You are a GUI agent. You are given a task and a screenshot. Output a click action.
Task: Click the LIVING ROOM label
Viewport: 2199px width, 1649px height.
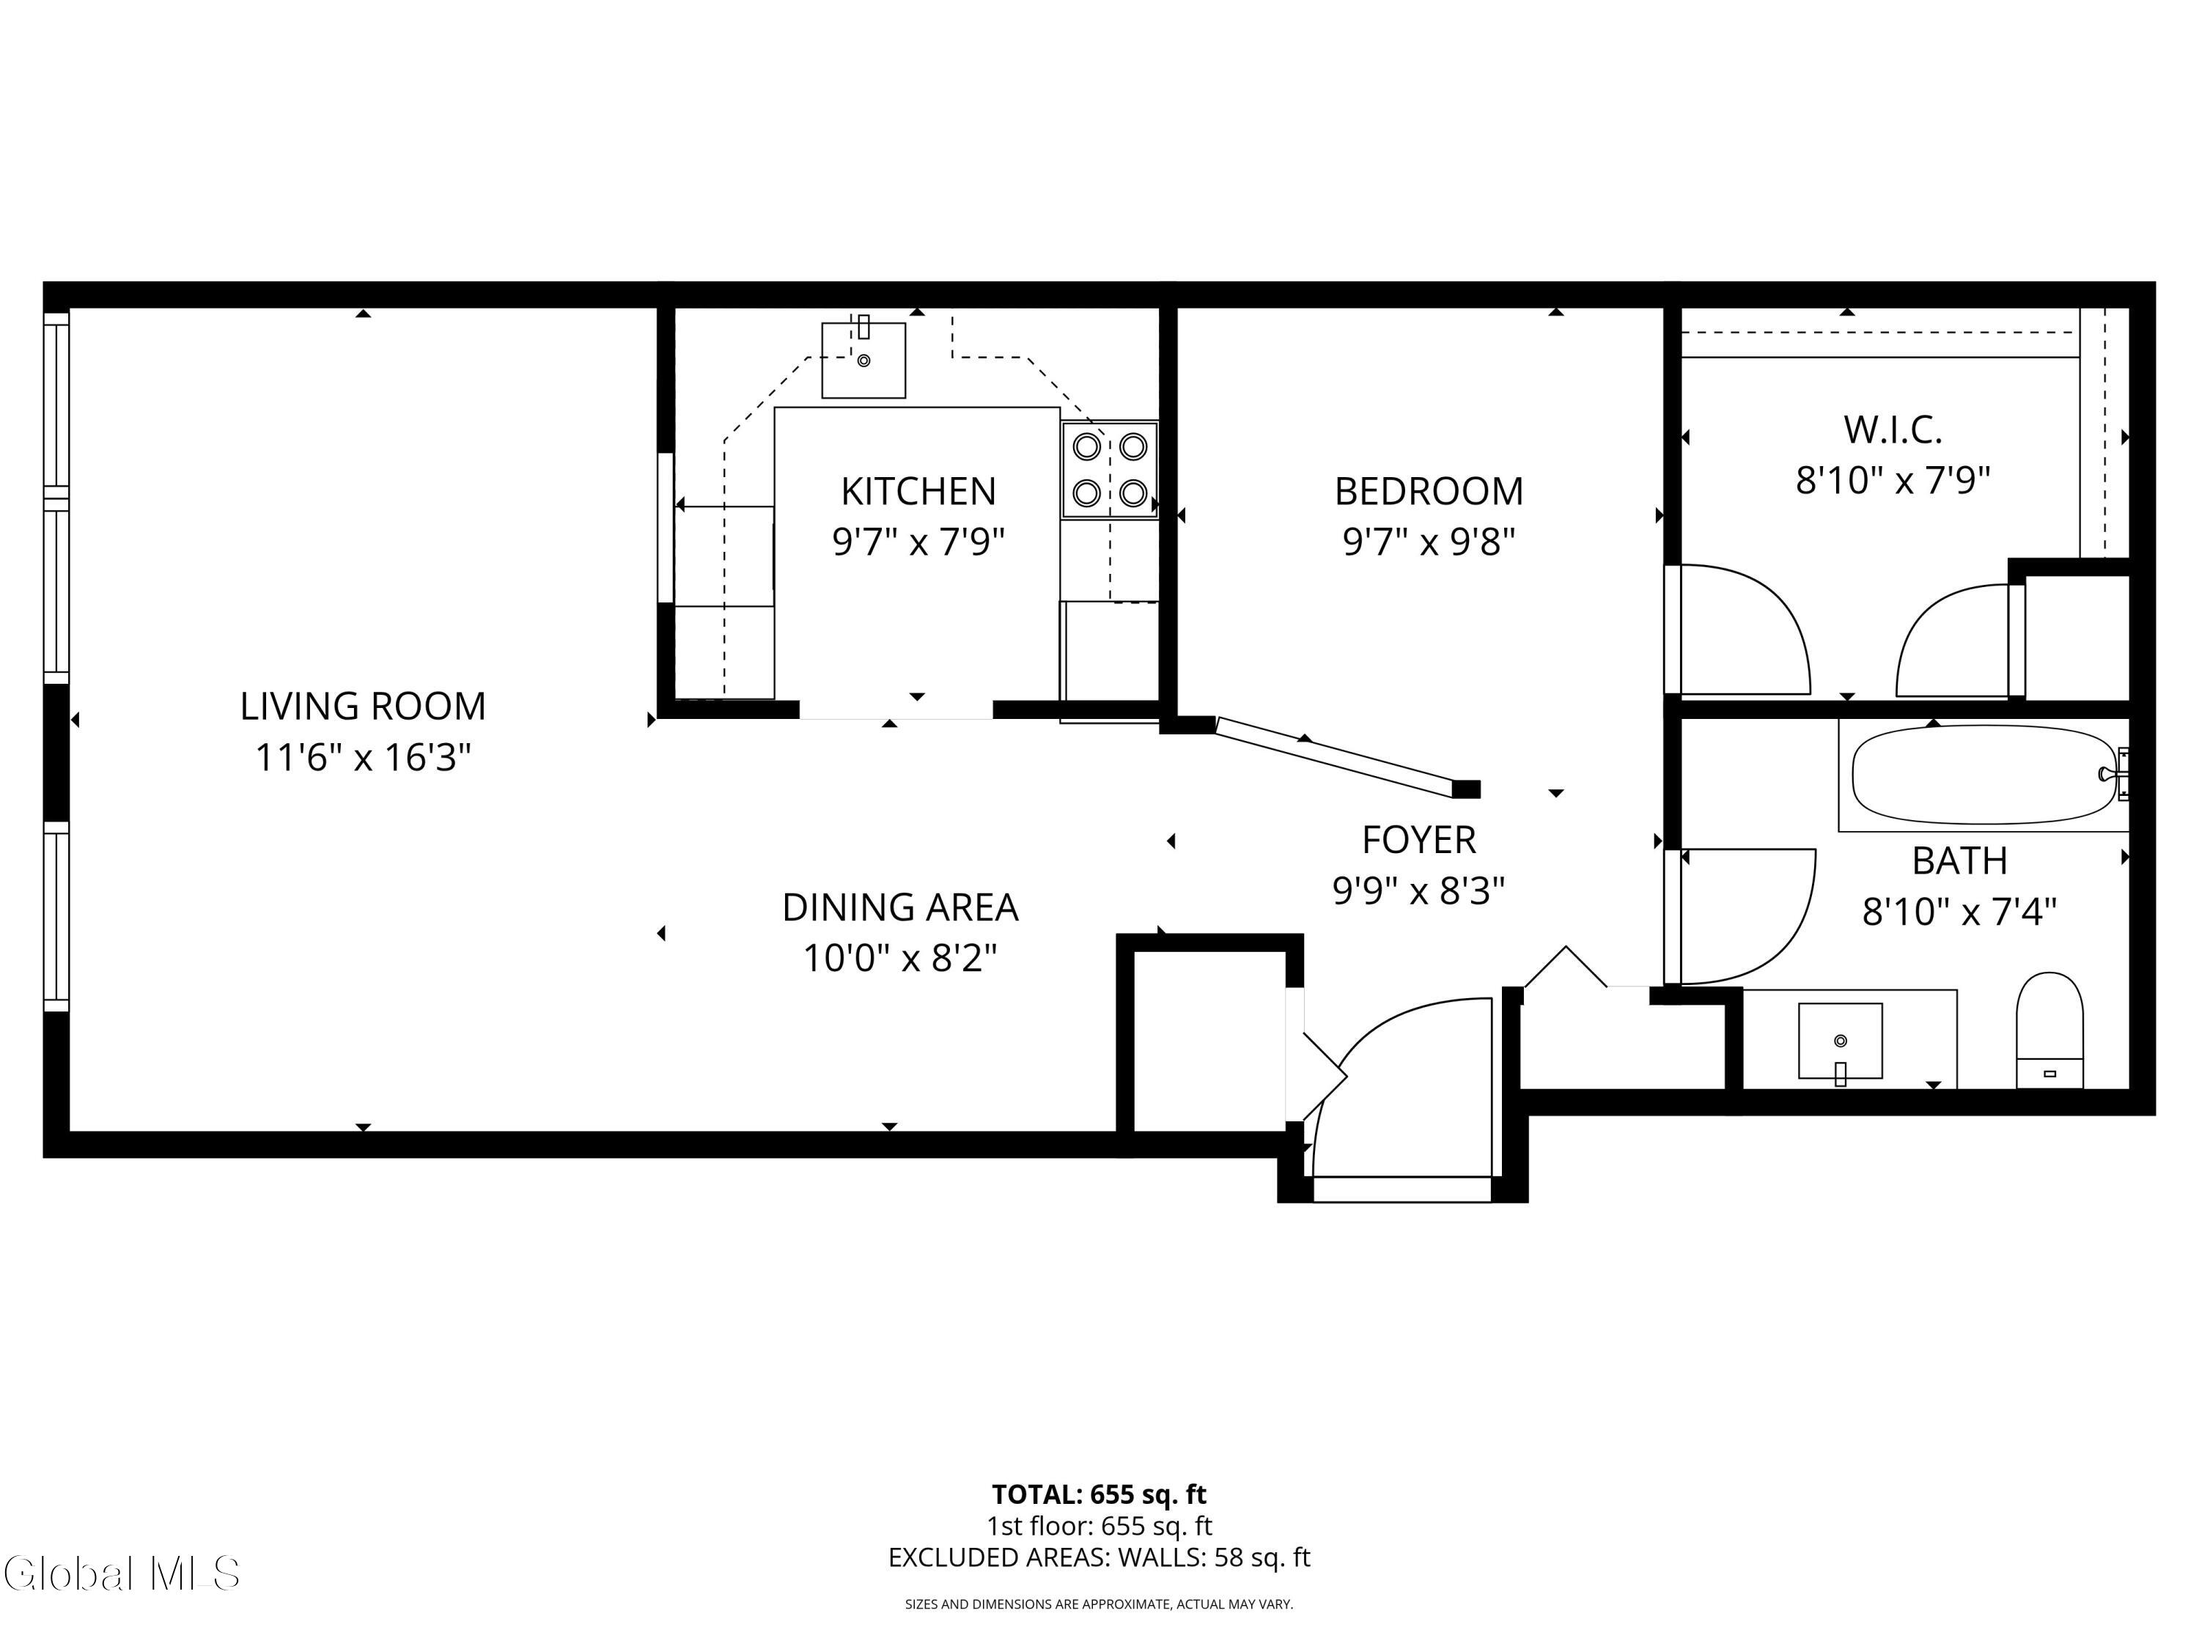363,707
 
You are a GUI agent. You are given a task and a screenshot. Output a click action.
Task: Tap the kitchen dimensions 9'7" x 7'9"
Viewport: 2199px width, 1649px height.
918,542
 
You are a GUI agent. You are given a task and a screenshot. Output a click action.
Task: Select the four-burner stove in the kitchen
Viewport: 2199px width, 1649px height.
1110,469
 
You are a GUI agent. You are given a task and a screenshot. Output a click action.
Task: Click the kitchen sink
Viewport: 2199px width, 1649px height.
863,360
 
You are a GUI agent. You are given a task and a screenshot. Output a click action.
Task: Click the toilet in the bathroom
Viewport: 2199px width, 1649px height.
2049,1030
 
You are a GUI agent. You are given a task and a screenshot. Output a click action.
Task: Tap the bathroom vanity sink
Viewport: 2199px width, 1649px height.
1840,1041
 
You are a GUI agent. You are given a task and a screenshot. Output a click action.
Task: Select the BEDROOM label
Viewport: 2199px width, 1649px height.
1428,491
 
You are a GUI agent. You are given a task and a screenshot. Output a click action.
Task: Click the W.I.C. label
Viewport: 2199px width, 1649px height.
1892,430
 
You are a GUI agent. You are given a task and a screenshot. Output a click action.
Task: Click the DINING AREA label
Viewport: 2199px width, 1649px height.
899,907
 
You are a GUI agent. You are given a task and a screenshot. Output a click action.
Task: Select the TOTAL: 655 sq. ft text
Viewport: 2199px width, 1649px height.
1099,1494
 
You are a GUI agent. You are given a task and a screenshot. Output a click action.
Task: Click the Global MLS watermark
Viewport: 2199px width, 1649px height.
121,1574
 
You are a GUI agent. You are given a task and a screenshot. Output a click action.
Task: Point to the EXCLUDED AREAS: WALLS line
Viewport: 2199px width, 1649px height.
1099,1557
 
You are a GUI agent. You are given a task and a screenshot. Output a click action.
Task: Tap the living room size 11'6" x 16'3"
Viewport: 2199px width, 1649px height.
363,757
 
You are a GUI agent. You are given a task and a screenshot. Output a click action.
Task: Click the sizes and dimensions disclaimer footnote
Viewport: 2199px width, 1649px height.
1099,1604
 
